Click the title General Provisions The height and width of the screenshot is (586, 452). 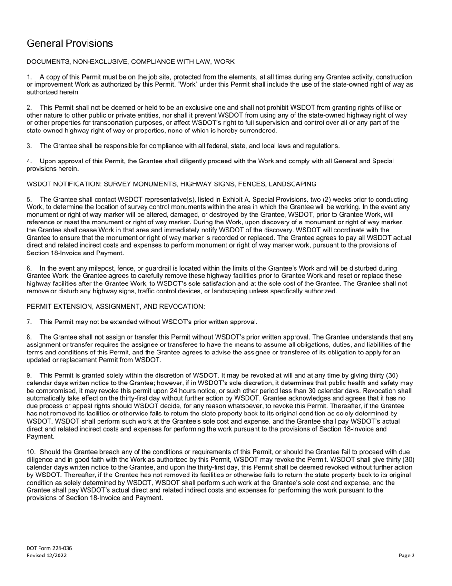(x=70, y=43)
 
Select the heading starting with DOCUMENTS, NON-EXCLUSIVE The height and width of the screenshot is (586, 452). (x=130, y=62)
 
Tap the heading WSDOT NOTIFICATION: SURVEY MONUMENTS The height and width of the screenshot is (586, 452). (x=171, y=184)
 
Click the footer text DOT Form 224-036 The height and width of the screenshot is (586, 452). (x=49, y=548)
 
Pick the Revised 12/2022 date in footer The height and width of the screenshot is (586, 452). (x=47, y=556)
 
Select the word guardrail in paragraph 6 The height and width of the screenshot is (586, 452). (x=150, y=269)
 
